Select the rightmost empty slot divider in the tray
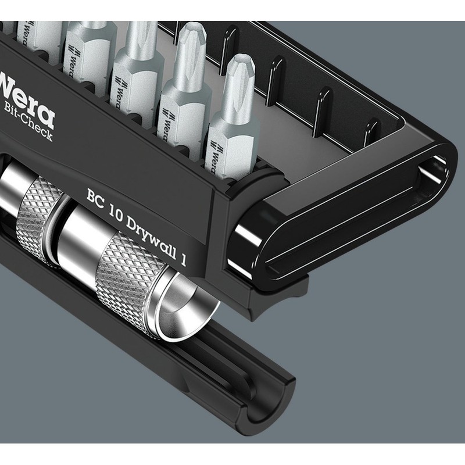pyautogui.click(x=372, y=131)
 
